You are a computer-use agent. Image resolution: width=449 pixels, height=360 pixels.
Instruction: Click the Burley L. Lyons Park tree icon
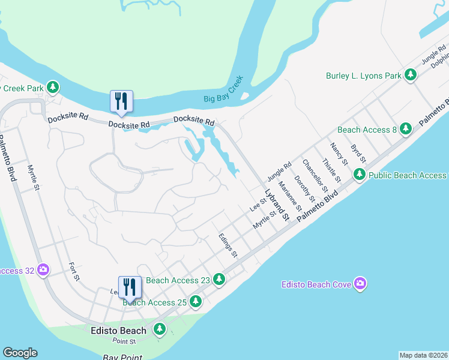(x=411, y=76)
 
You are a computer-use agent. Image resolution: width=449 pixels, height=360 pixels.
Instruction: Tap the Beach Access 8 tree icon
(x=406, y=128)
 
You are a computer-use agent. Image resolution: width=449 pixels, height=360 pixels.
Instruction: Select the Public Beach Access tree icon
(x=359, y=175)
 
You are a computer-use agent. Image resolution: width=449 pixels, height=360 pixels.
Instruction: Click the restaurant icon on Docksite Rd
(x=122, y=101)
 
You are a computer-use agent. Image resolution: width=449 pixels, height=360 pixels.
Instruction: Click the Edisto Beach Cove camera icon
(x=360, y=284)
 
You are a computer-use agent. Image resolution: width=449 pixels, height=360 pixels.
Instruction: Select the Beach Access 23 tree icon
(x=220, y=280)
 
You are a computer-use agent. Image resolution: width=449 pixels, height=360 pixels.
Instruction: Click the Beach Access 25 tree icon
(x=195, y=302)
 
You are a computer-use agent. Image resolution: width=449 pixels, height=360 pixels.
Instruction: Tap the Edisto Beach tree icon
(x=159, y=329)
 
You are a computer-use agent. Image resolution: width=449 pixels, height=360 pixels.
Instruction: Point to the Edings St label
(x=229, y=245)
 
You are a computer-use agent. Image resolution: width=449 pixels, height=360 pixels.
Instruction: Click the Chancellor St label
(x=313, y=172)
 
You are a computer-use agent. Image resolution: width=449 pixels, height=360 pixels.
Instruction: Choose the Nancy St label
(x=339, y=154)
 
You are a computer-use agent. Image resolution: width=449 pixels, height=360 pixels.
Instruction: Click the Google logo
(x=20, y=353)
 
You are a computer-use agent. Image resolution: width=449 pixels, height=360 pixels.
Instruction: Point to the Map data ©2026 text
(x=423, y=355)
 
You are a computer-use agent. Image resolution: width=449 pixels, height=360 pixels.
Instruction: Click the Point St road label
(x=125, y=341)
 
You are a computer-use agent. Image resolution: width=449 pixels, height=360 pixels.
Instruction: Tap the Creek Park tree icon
(x=53, y=88)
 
